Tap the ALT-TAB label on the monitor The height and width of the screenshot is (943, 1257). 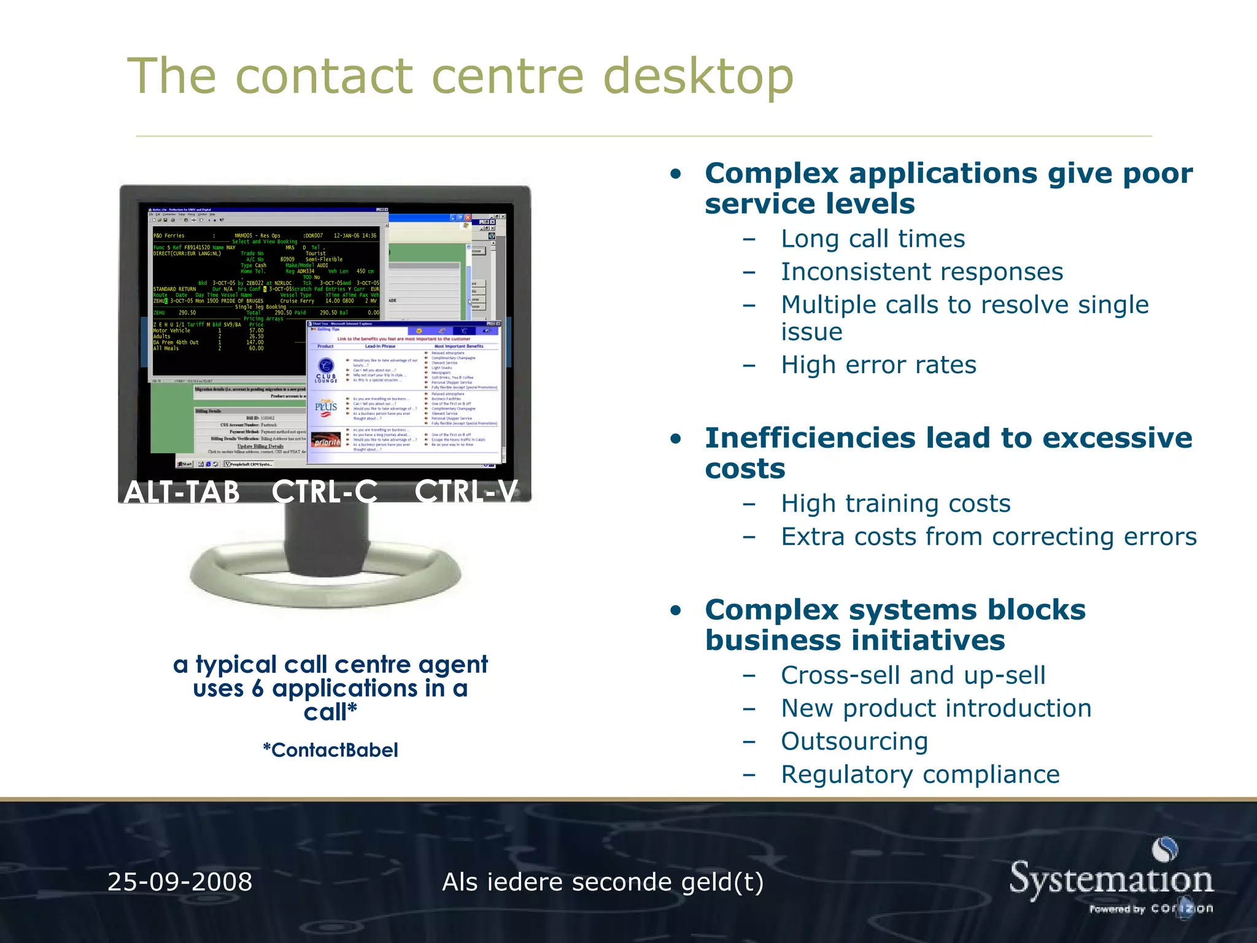click(x=182, y=492)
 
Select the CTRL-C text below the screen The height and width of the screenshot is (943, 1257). click(x=325, y=492)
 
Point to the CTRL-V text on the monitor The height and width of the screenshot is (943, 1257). click(x=466, y=492)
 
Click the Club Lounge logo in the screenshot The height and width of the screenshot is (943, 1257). click(x=326, y=370)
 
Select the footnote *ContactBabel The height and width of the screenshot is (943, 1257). click(x=330, y=750)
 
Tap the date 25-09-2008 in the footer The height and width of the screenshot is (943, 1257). click(x=179, y=882)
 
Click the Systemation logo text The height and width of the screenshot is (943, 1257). click(x=1111, y=880)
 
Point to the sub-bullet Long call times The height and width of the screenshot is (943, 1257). click(x=872, y=239)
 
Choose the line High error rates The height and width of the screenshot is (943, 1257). click(x=878, y=365)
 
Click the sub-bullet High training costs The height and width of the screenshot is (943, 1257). click(x=895, y=504)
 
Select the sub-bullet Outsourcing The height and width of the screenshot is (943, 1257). click(x=854, y=742)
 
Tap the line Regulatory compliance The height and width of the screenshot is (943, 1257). click(x=919, y=775)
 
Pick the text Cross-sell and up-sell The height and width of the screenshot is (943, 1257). click(x=913, y=675)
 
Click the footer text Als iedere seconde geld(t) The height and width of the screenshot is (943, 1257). click(x=602, y=882)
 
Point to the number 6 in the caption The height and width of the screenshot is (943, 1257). click(x=258, y=689)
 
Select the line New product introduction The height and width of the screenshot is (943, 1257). click(x=935, y=708)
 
